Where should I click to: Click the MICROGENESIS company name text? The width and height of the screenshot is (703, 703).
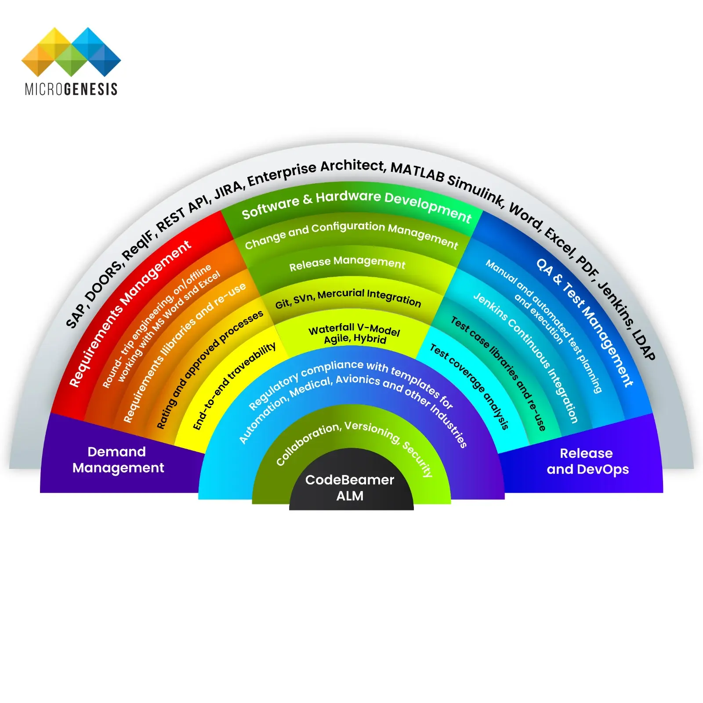[x=71, y=89]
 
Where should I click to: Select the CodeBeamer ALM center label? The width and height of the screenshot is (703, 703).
[x=350, y=488]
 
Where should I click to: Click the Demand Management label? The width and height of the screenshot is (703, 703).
[x=118, y=460]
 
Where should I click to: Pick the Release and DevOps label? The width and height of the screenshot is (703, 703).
[x=587, y=461]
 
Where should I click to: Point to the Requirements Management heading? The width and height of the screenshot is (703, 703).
[x=129, y=313]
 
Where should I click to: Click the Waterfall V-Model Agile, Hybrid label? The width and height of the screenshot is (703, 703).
[x=355, y=333]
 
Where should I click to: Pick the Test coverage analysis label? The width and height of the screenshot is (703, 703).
[x=470, y=385]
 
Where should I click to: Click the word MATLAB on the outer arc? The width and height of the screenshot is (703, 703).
[x=418, y=172]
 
